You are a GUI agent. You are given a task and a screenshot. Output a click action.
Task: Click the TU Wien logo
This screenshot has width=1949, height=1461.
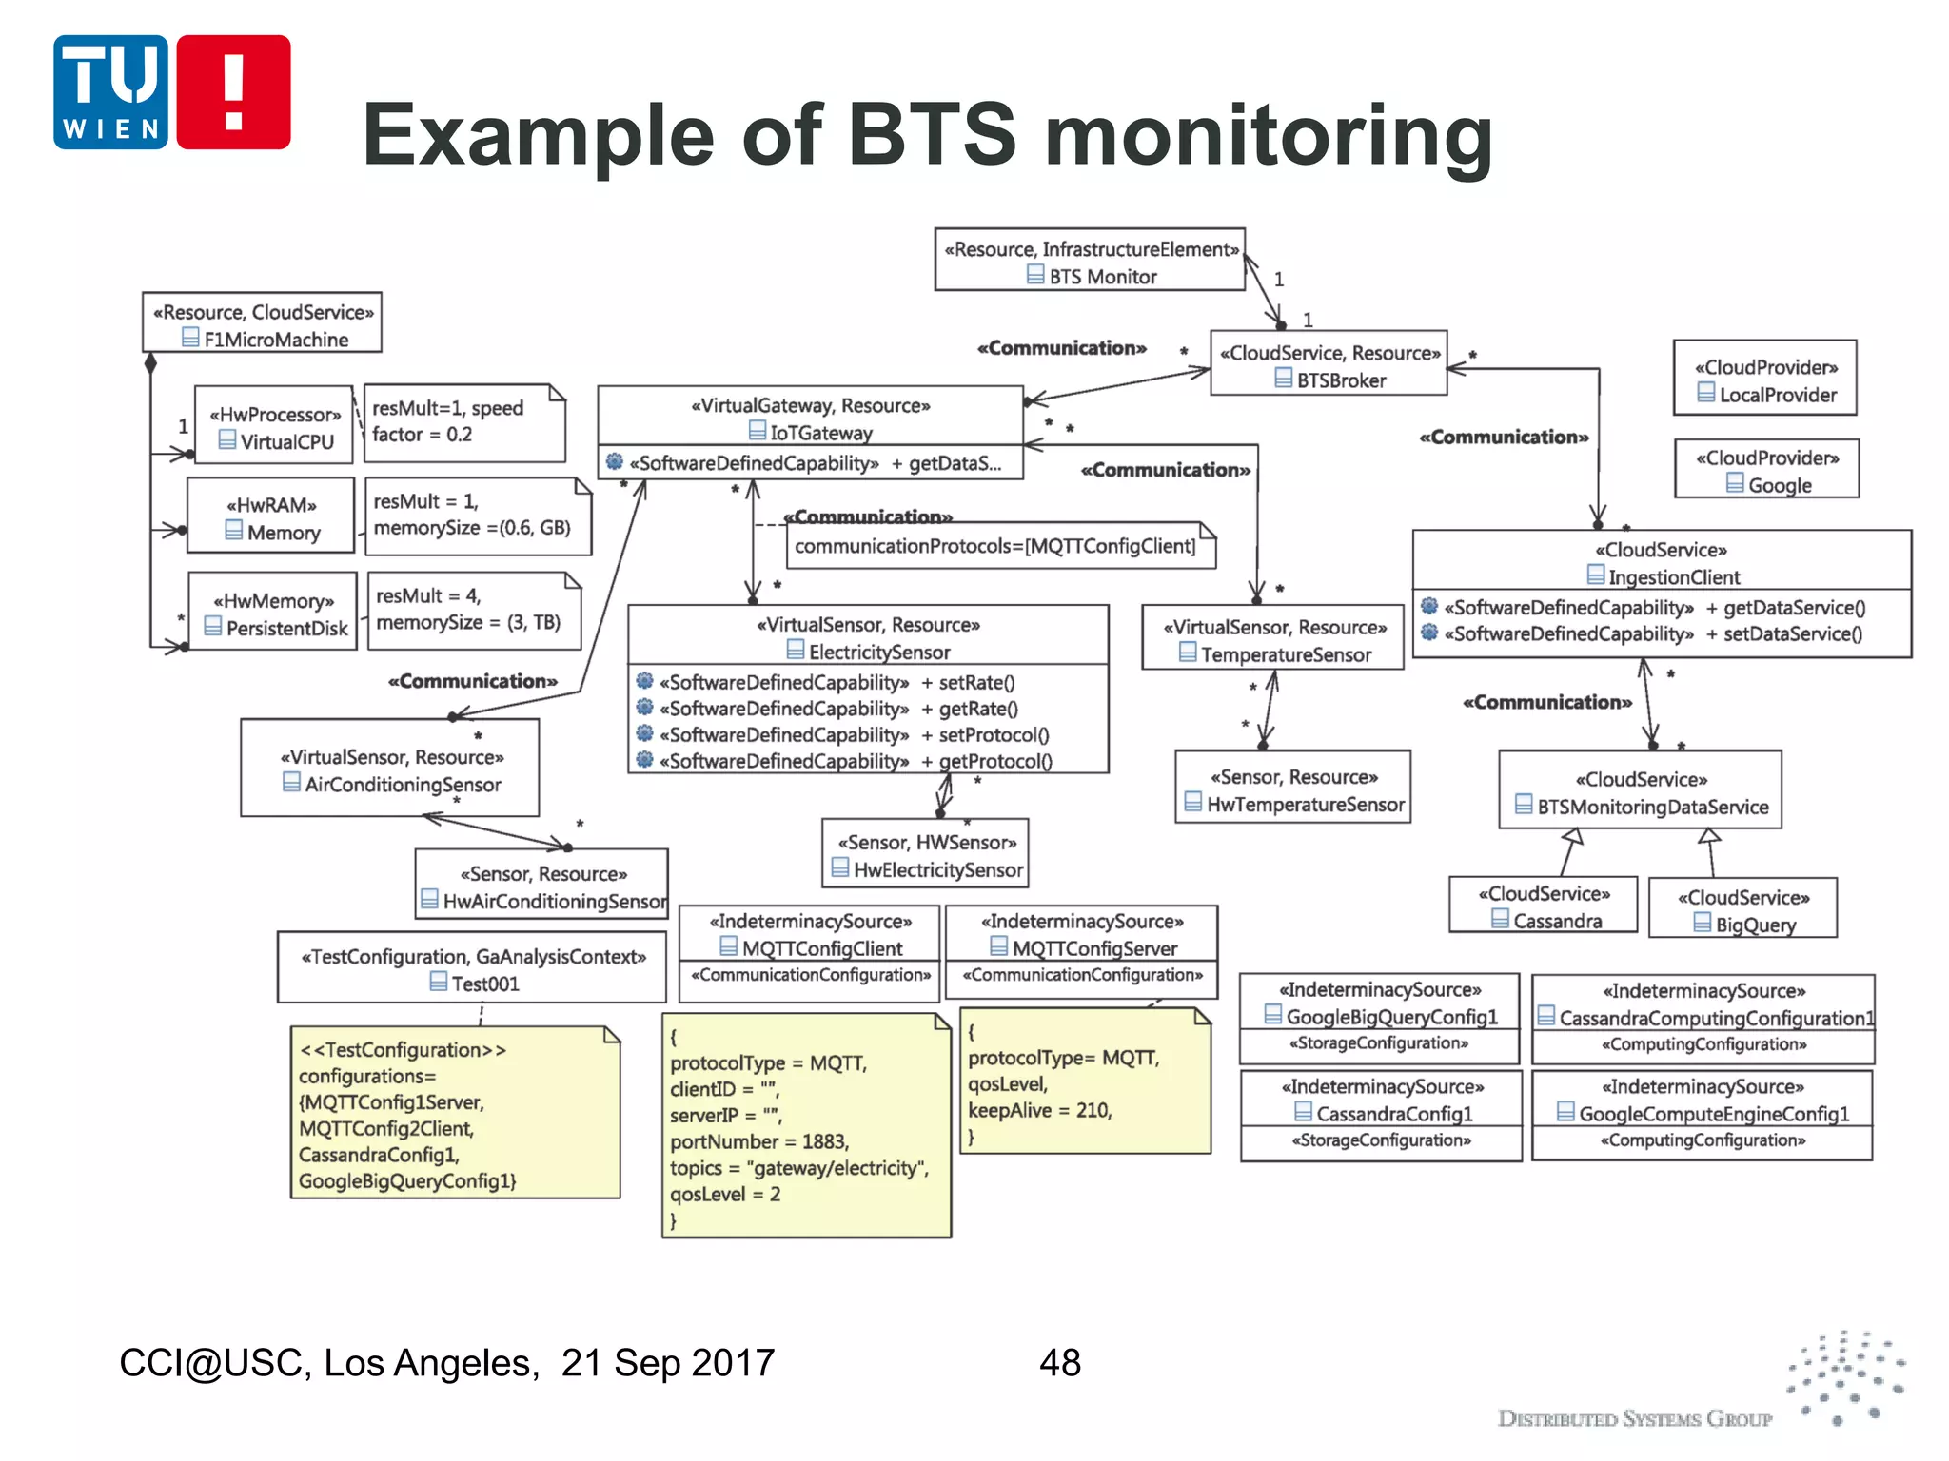pos(171,92)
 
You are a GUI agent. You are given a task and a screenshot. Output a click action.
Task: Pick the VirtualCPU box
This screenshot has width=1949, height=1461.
pos(275,427)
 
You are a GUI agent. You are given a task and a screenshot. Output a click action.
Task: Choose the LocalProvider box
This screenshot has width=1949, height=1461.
pos(1765,380)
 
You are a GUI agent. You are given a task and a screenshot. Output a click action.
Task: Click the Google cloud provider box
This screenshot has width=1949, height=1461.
pos(1767,470)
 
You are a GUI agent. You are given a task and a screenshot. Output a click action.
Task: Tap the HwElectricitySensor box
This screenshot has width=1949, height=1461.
pos(926,855)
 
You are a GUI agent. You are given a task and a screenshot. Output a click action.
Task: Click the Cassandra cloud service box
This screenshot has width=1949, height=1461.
pos(1544,906)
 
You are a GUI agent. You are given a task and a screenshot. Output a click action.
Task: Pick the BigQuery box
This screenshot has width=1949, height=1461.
pos(1743,909)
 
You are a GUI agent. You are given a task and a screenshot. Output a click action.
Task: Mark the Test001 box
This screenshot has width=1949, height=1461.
pos(472,968)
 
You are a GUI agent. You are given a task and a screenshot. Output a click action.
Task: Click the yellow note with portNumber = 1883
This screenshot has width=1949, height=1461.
pos(806,1126)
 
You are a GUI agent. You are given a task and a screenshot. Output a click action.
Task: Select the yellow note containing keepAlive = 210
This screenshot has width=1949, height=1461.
pos(1085,1082)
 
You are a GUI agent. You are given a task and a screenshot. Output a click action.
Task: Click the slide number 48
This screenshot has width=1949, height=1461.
pos(1059,1363)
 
